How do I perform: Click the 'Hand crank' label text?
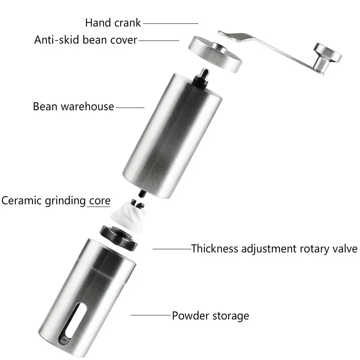(113, 22)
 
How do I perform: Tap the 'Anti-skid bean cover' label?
(85, 40)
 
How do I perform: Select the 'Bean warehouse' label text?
(73, 107)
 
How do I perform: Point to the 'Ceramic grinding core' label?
(55, 200)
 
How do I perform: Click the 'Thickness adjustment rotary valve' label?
(274, 249)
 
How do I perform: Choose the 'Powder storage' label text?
(210, 315)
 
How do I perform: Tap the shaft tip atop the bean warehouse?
(204, 72)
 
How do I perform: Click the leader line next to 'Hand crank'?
(171, 23)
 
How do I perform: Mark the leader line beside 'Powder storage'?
(151, 315)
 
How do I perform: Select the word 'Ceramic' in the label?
(22, 200)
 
